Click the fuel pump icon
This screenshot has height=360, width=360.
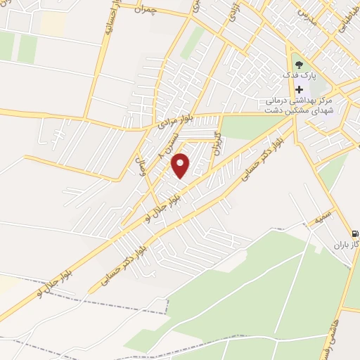point(354,234)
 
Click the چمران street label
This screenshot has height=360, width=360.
point(159,11)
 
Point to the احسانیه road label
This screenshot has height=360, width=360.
point(110,29)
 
